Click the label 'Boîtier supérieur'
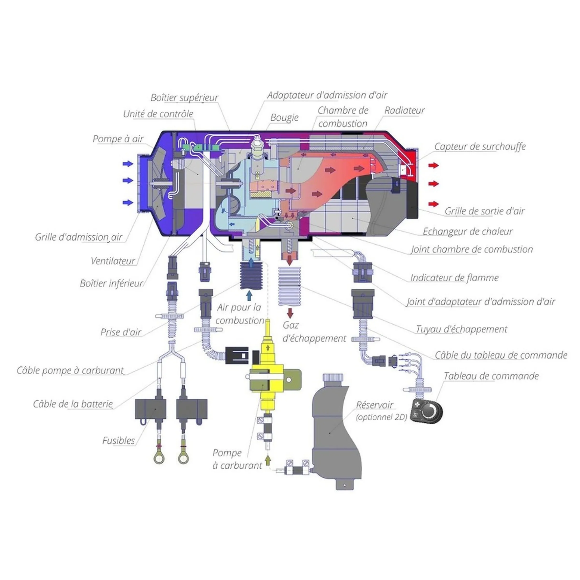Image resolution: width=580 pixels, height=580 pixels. (x=184, y=98)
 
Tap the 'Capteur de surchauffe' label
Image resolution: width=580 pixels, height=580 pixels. (x=480, y=146)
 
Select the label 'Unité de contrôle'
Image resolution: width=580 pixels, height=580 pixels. (x=158, y=114)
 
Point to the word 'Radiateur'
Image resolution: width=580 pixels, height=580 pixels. (x=404, y=110)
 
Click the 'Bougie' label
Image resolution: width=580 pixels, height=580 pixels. (x=284, y=118)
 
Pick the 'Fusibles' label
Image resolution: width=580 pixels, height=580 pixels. (x=119, y=440)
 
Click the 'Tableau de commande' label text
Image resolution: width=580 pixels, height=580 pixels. (x=491, y=376)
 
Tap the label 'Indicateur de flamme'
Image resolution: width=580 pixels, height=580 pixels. (x=454, y=278)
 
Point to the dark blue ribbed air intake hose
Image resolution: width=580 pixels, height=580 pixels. (x=251, y=275)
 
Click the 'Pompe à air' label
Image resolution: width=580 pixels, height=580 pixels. (x=118, y=139)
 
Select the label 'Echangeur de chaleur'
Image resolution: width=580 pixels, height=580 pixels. (x=467, y=232)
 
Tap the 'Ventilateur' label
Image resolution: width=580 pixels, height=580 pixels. (x=113, y=261)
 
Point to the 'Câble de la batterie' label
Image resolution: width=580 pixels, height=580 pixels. (x=73, y=404)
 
